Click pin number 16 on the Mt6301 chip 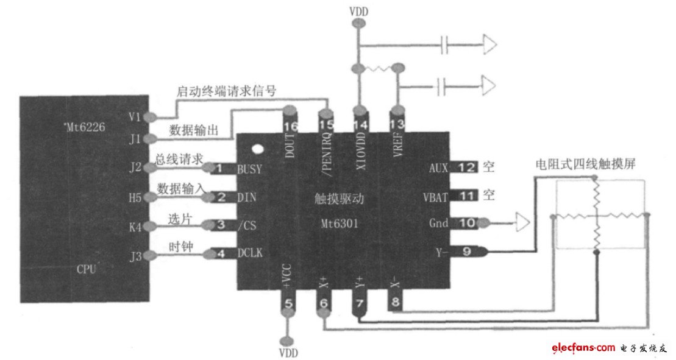[290, 126]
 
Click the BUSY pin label [250, 169]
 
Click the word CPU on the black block [87, 269]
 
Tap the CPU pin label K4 [135, 226]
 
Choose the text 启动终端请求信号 [227, 91]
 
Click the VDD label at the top [359, 11]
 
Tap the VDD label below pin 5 [288, 352]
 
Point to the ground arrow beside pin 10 [522, 223]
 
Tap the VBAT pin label [436, 196]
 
